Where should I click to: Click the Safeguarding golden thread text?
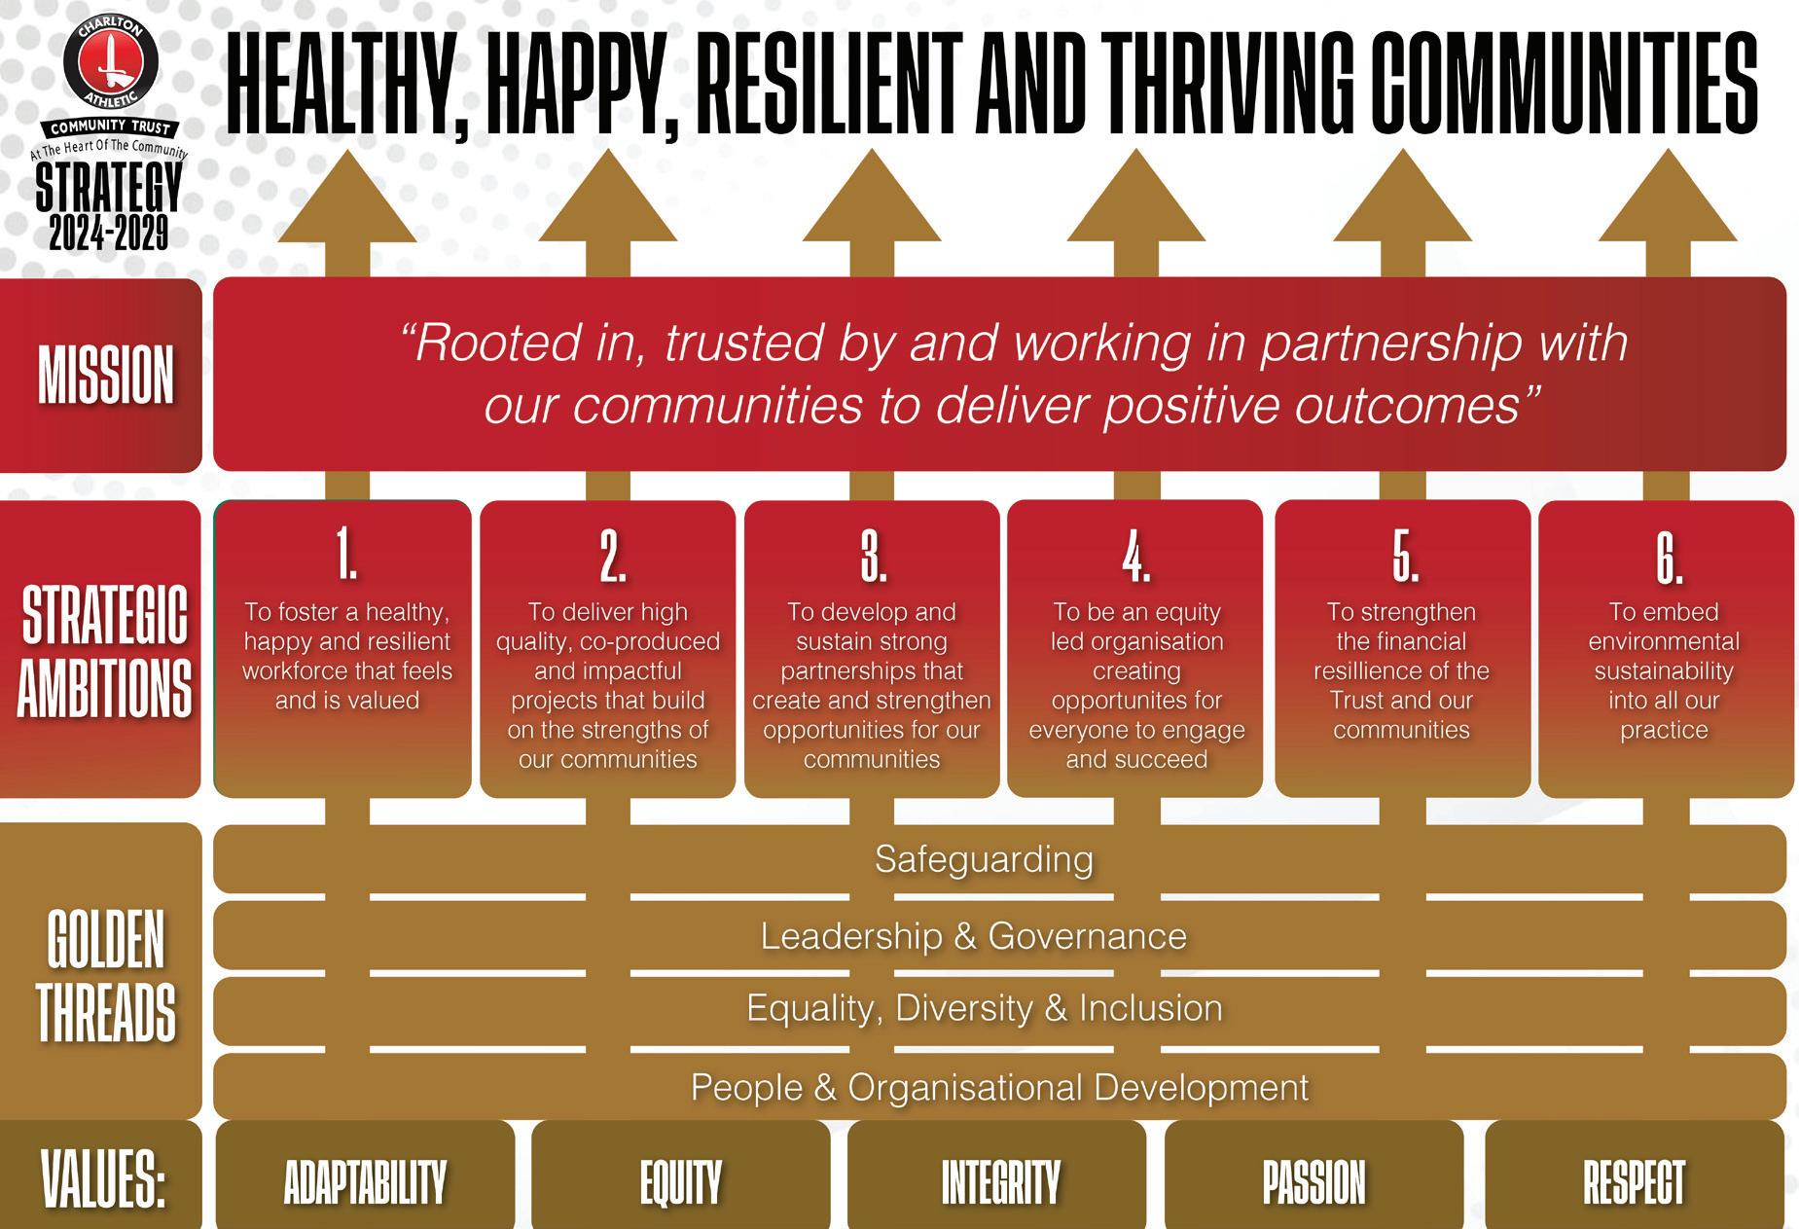(x=984, y=859)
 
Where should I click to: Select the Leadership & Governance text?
(x=973, y=936)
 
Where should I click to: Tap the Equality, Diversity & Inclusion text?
(x=984, y=1008)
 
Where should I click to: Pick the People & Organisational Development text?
(x=999, y=1087)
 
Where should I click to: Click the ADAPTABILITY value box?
(x=365, y=1181)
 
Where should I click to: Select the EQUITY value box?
(x=681, y=1181)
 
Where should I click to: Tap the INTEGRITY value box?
(x=999, y=1181)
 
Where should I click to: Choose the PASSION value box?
(x=1313, y=1181)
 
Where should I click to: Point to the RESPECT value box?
(x=1634, y=1181)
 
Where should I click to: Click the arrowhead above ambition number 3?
(x=872, y=199)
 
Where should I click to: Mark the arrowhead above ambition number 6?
(x=1668, y=199)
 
